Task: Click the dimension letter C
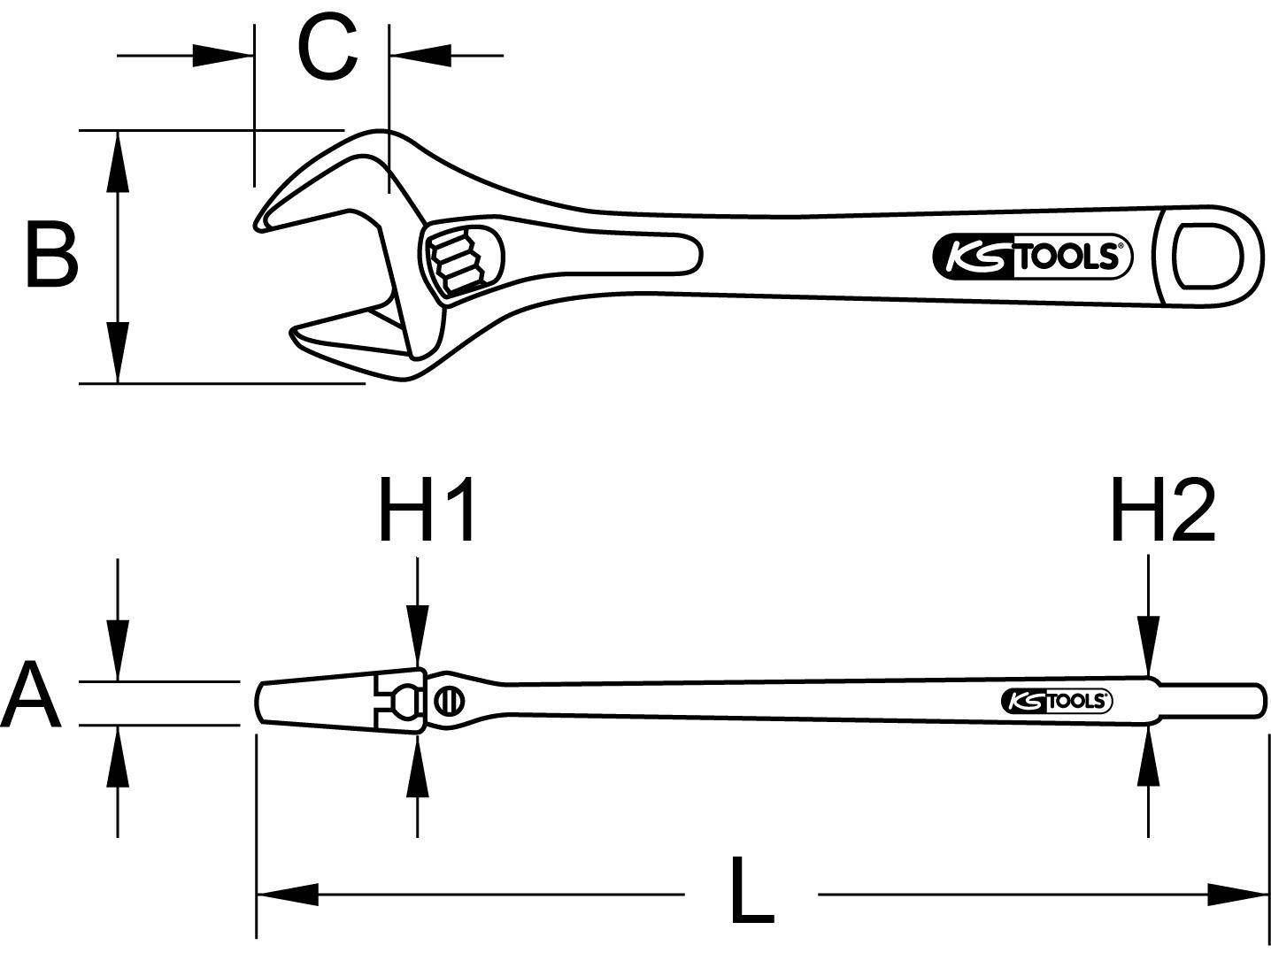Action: (x=327, y=48)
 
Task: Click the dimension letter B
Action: (x=51, y=257)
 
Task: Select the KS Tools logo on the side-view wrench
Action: (x=1057, y=701)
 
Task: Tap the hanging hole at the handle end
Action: (x=1207, y=256)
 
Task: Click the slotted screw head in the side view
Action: (x=450, y=702)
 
